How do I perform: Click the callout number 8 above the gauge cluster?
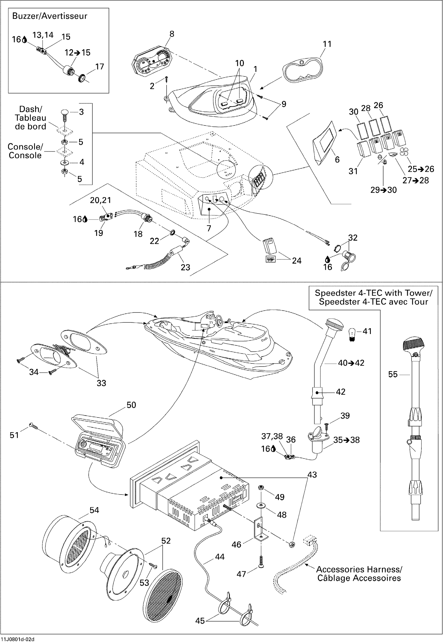point(172,34)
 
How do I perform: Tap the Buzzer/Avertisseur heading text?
point(50,16)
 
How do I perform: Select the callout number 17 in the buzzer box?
point(99,67)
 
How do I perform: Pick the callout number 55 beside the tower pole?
point(393,374)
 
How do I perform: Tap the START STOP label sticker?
point(270,259)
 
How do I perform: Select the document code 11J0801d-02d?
point(18,639)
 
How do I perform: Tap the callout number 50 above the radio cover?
point(131,405)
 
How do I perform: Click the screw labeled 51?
point(33,425)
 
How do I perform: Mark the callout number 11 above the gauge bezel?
point(327,44)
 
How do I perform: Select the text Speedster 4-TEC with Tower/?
point(373,293)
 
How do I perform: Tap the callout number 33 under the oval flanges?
point(101,383)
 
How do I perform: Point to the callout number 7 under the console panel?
point(209,228)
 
